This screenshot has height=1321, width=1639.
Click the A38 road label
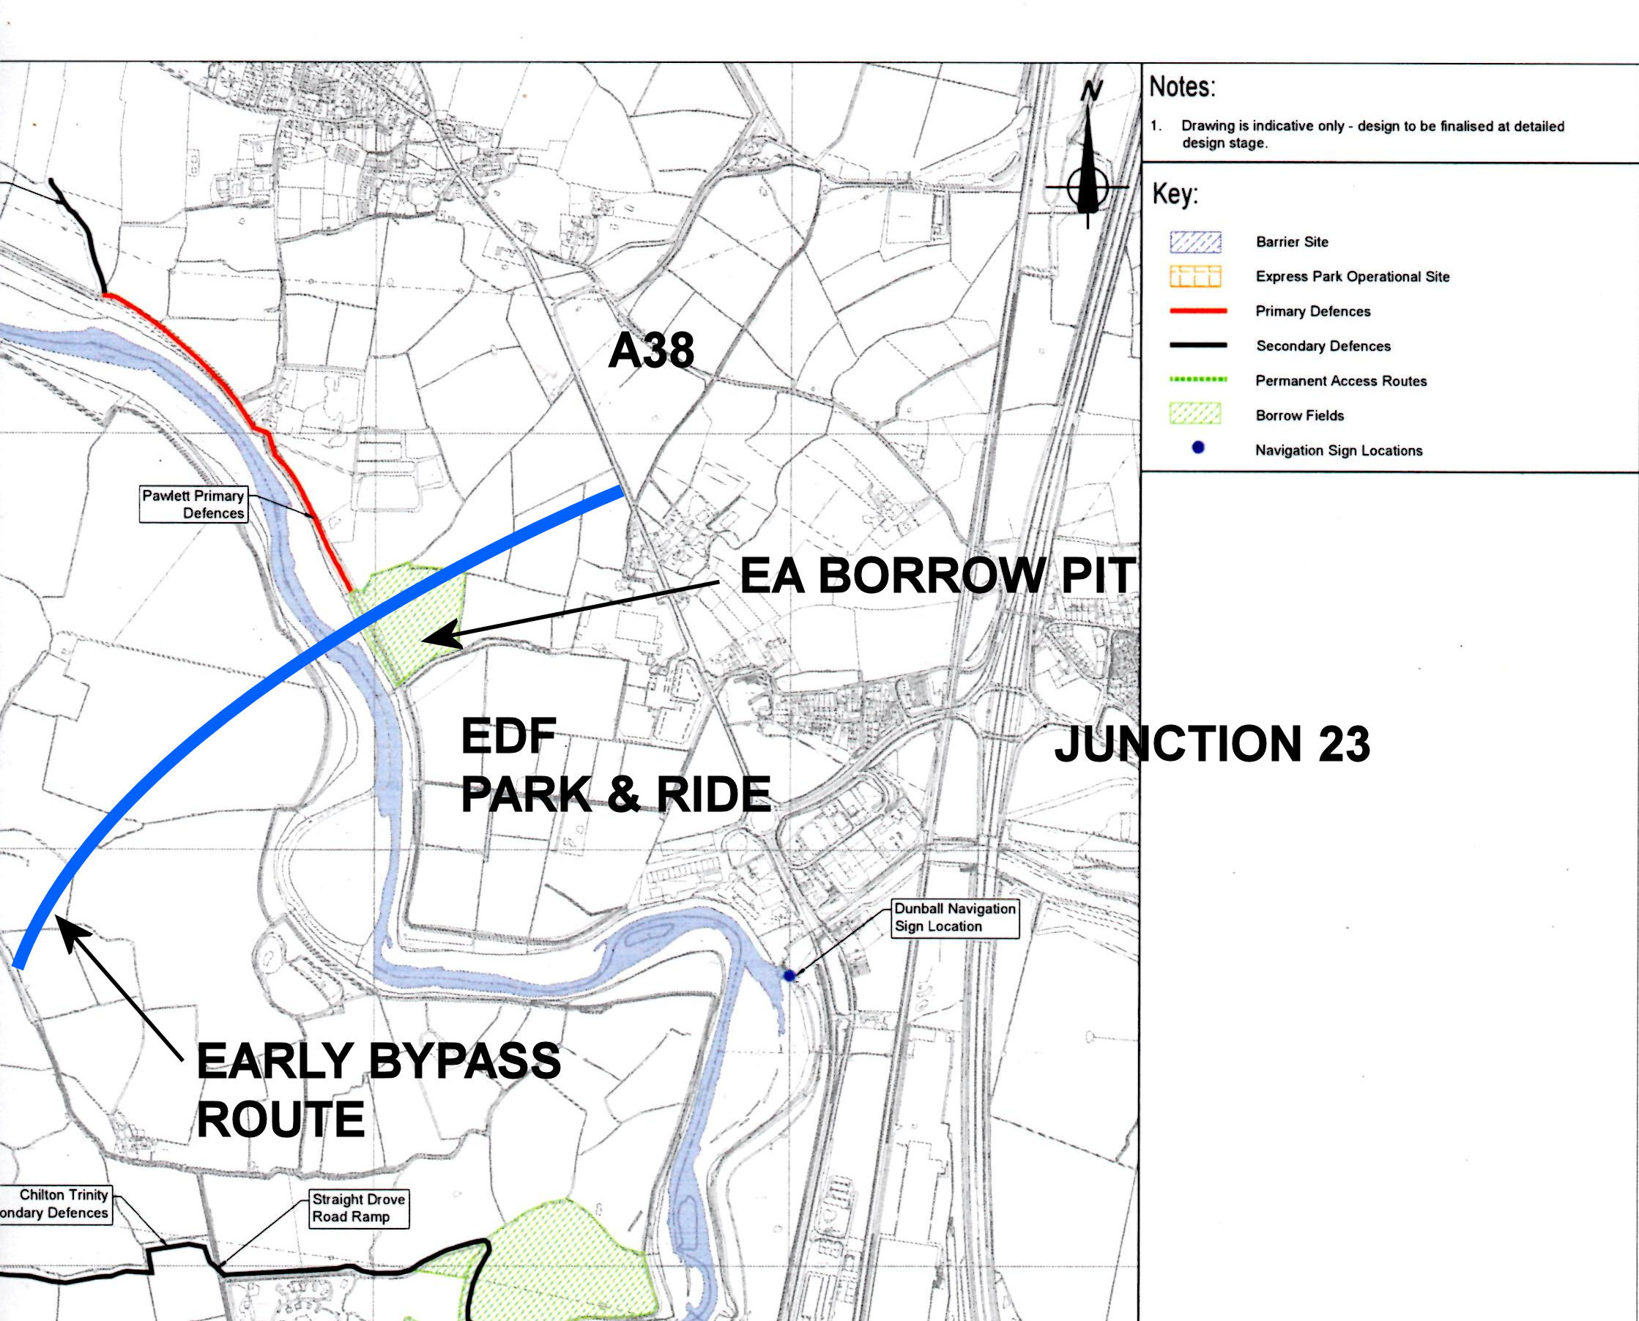tap(650, 351)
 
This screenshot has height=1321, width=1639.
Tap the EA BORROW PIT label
tap(937, 576)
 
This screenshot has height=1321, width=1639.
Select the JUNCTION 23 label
tap(1211, 744)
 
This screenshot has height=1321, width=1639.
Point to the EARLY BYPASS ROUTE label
tap(377, 1090)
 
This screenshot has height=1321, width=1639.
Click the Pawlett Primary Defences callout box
tap(193, 505)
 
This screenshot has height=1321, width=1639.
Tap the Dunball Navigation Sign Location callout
tap(955, 918)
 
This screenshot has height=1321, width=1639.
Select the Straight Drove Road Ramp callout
tap(358, 1208)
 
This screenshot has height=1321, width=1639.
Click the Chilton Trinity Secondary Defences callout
tap(55, 1205)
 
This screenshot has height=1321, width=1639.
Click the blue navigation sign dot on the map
tap(789, 975)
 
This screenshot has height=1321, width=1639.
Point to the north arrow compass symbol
tap(1088, 163)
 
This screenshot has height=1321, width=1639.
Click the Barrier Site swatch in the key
tap(1194, 242)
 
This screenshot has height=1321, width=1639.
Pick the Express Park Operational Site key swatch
tap(1194, 277)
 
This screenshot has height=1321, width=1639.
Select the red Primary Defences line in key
tap(1197, 311)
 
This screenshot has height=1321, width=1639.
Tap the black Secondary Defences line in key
tap(1197, 346)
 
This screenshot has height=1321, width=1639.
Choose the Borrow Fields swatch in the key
tap(1194, 414)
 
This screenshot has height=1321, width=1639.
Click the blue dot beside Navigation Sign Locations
tap(1198, 448)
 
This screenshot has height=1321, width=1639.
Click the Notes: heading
tap(1182, 86)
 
